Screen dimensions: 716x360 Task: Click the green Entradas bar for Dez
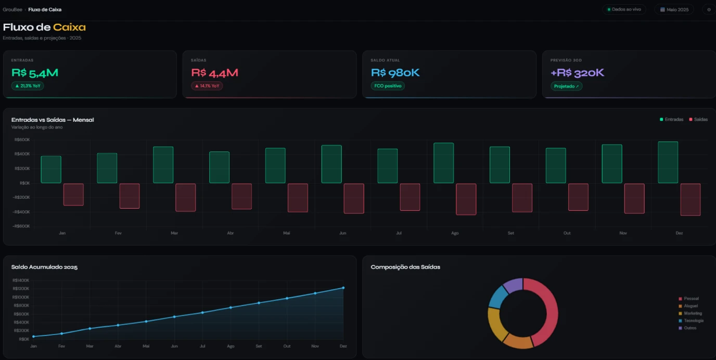[x=668, y=162]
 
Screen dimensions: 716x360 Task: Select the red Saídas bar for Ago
[x=466, y=199]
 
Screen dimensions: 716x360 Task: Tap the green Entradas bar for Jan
[x=51, y=169]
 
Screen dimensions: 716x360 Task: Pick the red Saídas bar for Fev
[x=130, y=196]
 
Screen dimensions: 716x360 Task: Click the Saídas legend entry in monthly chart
[x=698, y=120]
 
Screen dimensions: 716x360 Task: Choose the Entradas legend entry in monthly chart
[x=672, y=120]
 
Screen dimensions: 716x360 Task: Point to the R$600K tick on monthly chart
[x=22, y=139]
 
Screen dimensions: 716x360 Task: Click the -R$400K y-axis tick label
[x=21, y=212]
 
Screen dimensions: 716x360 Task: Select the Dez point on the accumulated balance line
[x=343, y=288]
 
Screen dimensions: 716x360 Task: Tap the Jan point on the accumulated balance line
[x=33, y=337]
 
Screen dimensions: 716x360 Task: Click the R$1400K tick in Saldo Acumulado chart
[x=21, y=280]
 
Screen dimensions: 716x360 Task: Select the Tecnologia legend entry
[x=691, y=320]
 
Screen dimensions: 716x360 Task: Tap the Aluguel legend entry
[x=688, y=306]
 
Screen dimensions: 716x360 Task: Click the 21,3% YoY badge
[x=28, y=86]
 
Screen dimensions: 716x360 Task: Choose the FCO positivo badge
[x=388, y=86]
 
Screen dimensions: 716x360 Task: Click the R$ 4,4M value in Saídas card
[x=214, y=73]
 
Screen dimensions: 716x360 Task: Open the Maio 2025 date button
[x=674, y=9]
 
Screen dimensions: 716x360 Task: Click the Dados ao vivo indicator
[x=624, y=9]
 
